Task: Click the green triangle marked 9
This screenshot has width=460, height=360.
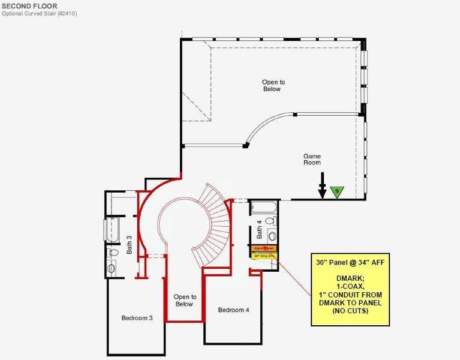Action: tap(338, 191)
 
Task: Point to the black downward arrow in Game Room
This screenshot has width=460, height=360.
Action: tap(323, 185)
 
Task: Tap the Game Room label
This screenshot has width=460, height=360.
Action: tap(312, 159)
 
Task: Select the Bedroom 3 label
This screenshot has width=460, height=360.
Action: tap(137, 318)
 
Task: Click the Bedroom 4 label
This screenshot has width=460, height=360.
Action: tap(233, 310)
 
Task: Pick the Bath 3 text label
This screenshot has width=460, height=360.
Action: tap(129, 244)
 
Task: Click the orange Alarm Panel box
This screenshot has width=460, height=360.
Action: tap(264, 248)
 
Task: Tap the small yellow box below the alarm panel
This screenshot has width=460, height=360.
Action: tap(264, 256)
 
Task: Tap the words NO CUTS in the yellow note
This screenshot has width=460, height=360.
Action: tap(348, 311)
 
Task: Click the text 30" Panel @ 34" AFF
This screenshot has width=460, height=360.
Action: tap(348, 263)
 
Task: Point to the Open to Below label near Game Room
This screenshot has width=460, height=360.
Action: tap(271, 85)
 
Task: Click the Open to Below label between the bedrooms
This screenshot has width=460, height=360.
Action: tap(185, 300)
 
